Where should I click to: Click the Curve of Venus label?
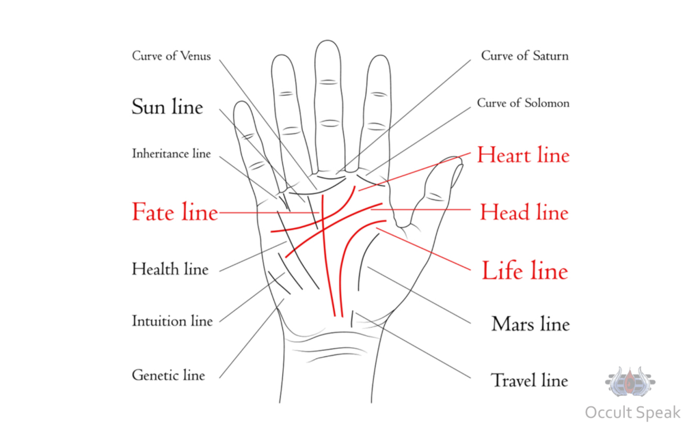click(x=172, y=56)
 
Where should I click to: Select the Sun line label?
click(x=167, y=107)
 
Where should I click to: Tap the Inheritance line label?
click(x=172, y=154)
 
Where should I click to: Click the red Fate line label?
click(x=175, y=212)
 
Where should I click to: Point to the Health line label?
click(x=170, y=269)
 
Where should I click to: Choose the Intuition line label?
click(x=172, y=321)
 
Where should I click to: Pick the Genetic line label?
click(x=168, y=375)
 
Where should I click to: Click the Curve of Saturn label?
click(x=524, y=56)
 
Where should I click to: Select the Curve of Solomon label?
click(x=523, y=103)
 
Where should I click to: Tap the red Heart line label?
click(x=523, y=155)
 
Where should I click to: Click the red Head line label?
click(x=524, y=212)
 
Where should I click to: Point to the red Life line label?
click(x=525, y=270)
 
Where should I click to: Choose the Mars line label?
click(x=530, y=324)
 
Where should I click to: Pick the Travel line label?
click(x=530, y=380)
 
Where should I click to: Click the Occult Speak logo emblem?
click(x=630, y=382)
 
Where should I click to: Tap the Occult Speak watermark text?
click(x=632, y=412)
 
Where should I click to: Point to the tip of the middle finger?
click(x=327, y=41)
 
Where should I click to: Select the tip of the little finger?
click(x=241, y=102)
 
